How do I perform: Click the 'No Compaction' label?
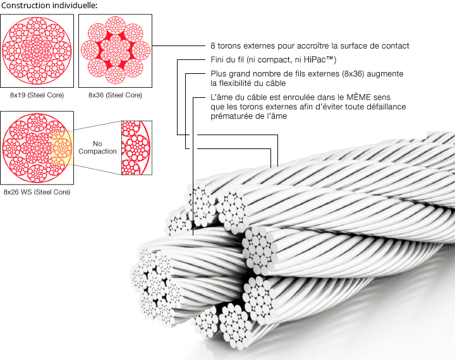tap(97, 147)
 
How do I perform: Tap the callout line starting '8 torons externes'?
tap(310, 46)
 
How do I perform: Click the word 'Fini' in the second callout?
tap(217, 59)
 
